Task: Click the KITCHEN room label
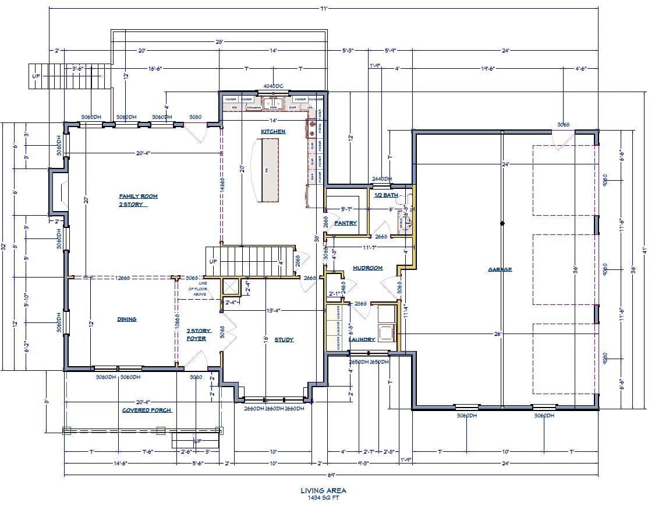tap(272, 132)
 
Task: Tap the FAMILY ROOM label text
tap(139, 196)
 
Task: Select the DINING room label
tap(126, 319)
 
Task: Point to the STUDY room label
tap(284, 339)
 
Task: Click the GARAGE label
tap(500, 269)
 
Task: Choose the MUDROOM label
tap(367, 268)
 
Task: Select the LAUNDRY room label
tap(362, 339)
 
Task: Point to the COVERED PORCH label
tap(146, 410)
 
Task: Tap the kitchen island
tap(270, 170)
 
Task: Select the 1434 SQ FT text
tap(324, 499)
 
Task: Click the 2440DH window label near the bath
tap(382, 179)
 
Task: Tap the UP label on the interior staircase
tap(213, 261)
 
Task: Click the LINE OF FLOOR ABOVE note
tap(196, 289)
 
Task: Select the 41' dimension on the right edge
tap(645, 250)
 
